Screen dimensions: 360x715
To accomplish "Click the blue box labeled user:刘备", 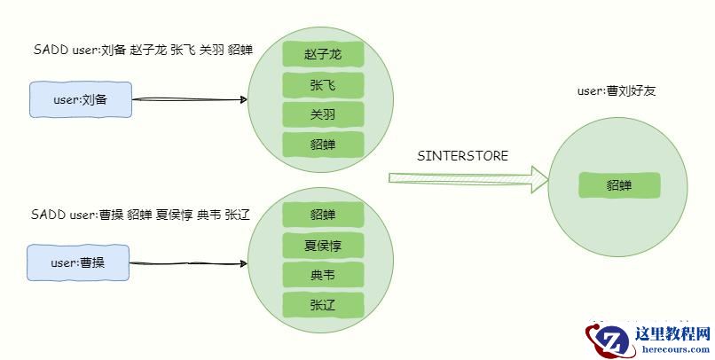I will click(80, 99).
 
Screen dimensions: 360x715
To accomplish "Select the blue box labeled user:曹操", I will click(78, 262).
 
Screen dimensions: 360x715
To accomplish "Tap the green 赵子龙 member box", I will click(324, 55).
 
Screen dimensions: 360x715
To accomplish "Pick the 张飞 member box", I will click(324, 85).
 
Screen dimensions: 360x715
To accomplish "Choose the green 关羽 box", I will click(324, 114).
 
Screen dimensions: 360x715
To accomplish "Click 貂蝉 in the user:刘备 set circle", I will click(324, 144).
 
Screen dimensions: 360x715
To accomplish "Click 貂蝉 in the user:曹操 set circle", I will click(324, 215).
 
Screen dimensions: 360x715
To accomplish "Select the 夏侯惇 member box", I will click(324, 245).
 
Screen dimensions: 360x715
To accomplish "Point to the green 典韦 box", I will click(324, 275).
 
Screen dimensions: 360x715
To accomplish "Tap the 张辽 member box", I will click(324, 305).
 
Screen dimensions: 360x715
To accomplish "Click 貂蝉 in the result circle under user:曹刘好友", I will click(619, 185).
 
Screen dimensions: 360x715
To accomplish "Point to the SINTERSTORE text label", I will click(462, 156).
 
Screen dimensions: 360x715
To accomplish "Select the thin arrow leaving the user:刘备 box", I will click(189, 98).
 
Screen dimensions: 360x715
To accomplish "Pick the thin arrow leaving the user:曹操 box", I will click(187, 263).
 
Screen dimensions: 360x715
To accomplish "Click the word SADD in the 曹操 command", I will click(47, 215).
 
